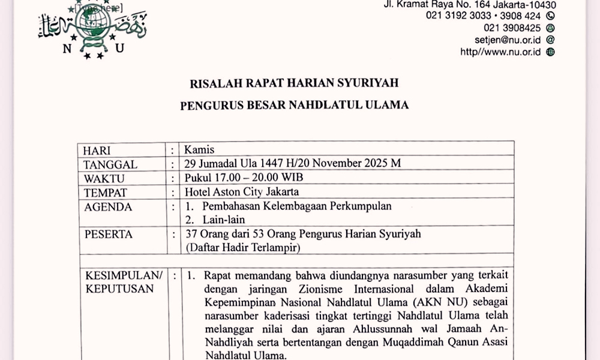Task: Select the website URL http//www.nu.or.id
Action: [x=500, y=52]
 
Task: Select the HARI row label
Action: [x=97, y=150]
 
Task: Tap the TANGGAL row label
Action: [x=110, y=164]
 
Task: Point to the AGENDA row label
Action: [x=107, y=207]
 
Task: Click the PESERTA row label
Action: [x=108, y=235]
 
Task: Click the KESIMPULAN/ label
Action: [x=124, y=275]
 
